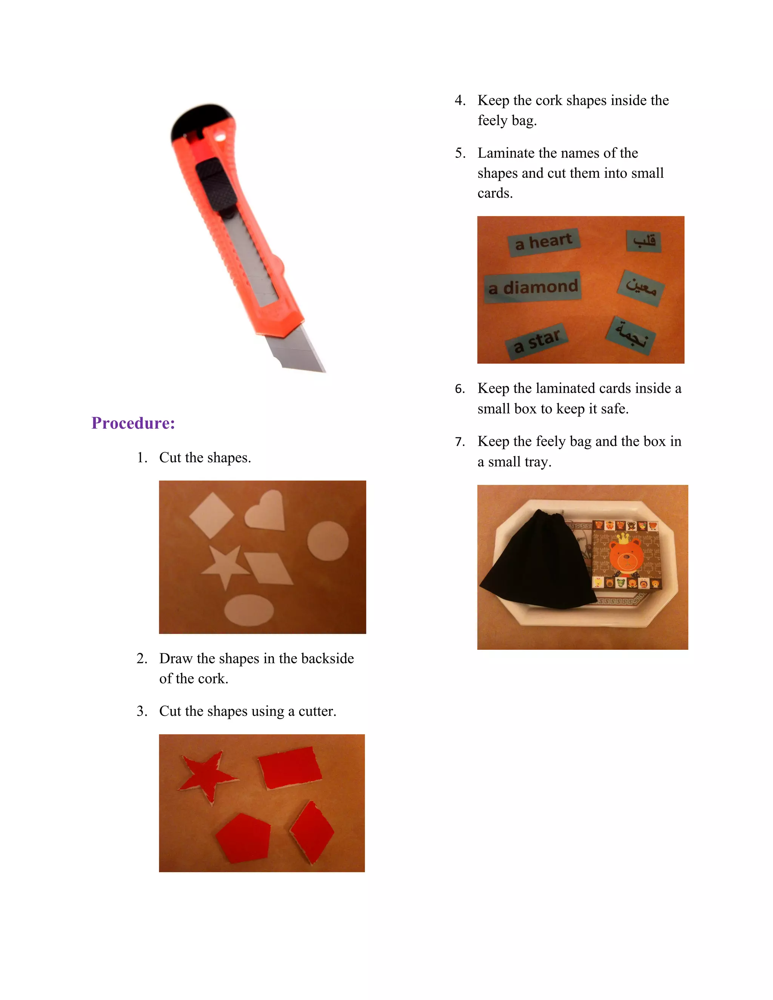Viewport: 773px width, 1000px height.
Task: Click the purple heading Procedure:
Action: tap(133, 423)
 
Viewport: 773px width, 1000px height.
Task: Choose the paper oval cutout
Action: tap(249, 610)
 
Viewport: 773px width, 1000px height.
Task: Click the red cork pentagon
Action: tap(243, 837)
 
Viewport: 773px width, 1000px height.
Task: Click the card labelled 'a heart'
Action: tap(544, 242)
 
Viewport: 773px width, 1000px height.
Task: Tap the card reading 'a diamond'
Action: tap(533, 288)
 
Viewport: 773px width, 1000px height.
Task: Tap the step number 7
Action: tap(460, 442)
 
